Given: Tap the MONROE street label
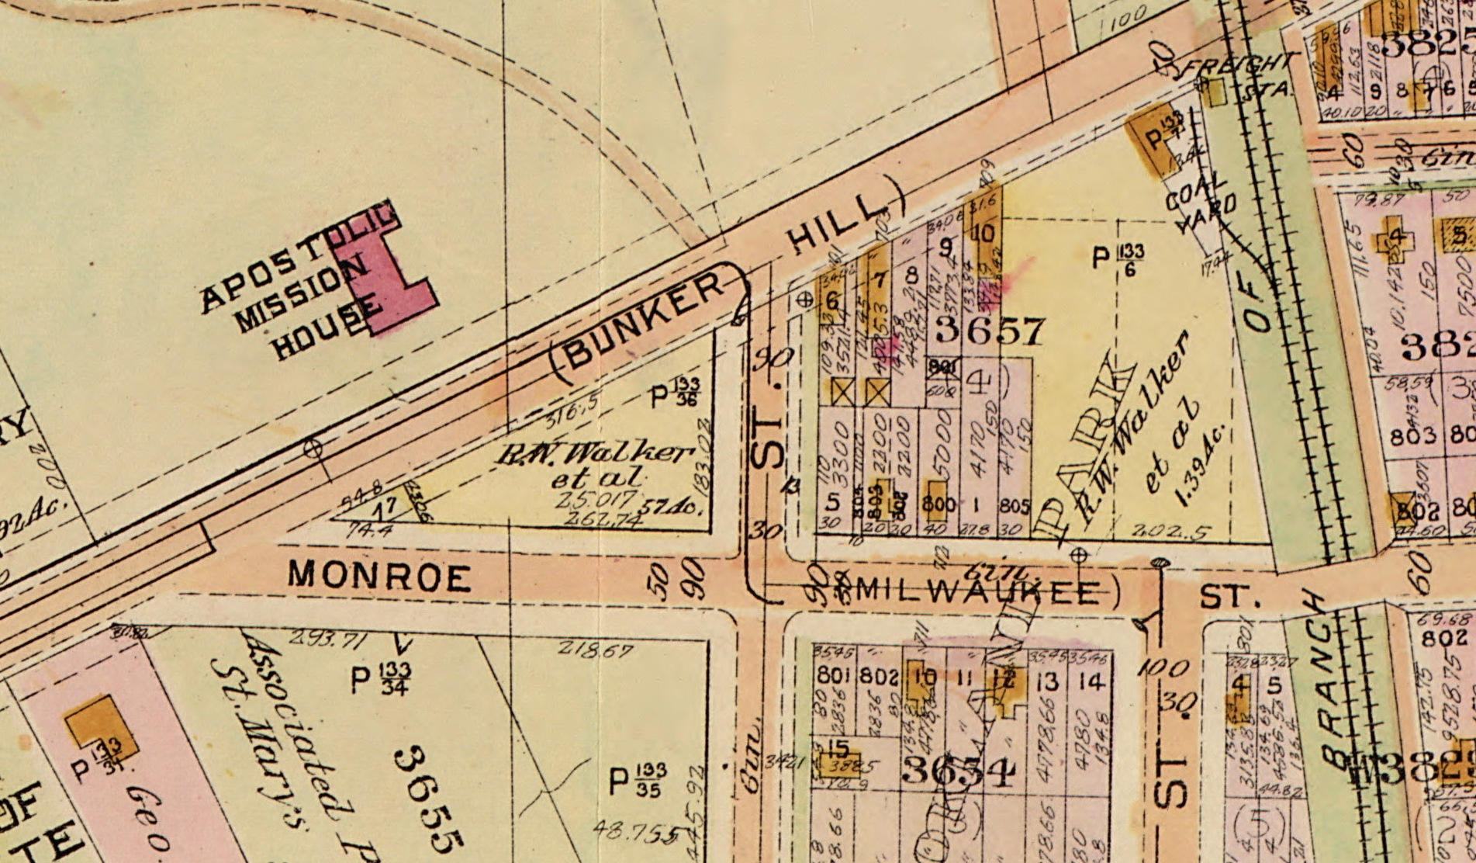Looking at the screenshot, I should [x=379, y=576].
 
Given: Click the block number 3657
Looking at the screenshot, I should [x=989, y=331].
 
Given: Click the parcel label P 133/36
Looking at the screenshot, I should [x=676, y=393].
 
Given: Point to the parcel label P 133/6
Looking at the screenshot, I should [x=1118, y=257].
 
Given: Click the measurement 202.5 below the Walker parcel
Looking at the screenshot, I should [x=1161, y=532].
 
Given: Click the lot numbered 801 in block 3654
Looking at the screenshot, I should [x=832, y=674].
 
